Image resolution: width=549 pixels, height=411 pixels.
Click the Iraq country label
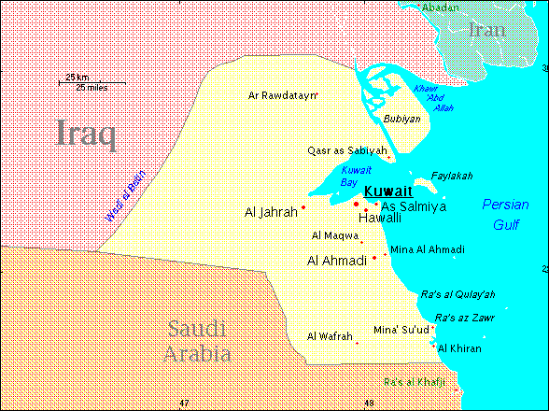(x=87, y=134)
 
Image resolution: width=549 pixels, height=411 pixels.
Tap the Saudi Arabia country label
(x=197, y=341)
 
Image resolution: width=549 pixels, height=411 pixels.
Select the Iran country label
(x=486, y=29)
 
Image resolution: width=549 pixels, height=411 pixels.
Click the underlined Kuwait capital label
(x=387, y=191)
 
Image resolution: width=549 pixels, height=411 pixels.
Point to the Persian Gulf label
(x=505, y=214)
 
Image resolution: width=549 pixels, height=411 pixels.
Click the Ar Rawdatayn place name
(x=283, y=95)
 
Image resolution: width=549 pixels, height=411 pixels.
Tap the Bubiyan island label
(x=402, y=119)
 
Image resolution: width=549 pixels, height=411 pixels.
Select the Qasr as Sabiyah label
(x=346, y=150)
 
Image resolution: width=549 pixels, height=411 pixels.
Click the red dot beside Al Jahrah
(x=303, y=206)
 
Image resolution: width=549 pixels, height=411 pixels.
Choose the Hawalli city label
(x=380, y=218)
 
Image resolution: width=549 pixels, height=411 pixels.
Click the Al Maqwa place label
(x=334, y=234)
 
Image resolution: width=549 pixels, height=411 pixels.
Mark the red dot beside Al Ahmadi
(x=374, y=258)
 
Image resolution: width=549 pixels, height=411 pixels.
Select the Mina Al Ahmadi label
(x=427, y=249)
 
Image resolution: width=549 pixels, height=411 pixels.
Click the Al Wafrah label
(x=330, y=336)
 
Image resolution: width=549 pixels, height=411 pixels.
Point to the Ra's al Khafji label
(x=417, y=382)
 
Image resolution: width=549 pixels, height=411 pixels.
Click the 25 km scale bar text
(x=77, y=77)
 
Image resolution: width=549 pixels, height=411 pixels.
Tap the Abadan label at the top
(x=443, y=7)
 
